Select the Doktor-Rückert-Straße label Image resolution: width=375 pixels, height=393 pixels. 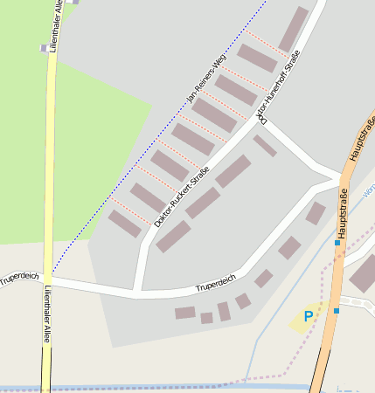pyautogui.click(x=182, y=196)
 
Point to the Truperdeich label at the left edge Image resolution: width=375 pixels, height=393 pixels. pyautogui.click(x=19, y=277)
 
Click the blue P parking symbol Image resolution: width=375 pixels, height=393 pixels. pyautogui.click(x=308, y=316)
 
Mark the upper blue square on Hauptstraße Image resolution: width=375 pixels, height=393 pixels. pyautogui.click(x=337, y=243)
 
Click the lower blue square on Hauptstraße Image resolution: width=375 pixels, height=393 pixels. pyautogui.click(x=336, y=310)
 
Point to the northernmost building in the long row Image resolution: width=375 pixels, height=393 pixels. pyautogui.click(x=293, y=30)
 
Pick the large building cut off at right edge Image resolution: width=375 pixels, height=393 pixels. pyautogui.click(x=363, y=274)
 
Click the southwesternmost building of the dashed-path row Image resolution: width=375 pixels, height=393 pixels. pyautogui.click(x=125, y=224)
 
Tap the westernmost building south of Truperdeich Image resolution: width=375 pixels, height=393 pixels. pyautogui.click(x=184, y=313)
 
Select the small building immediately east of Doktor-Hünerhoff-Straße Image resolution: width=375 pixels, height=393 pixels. pyautogui.click(x=265, y=146)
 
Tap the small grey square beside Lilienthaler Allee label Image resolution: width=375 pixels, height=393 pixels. pyautogui.click(x=44, y=48)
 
